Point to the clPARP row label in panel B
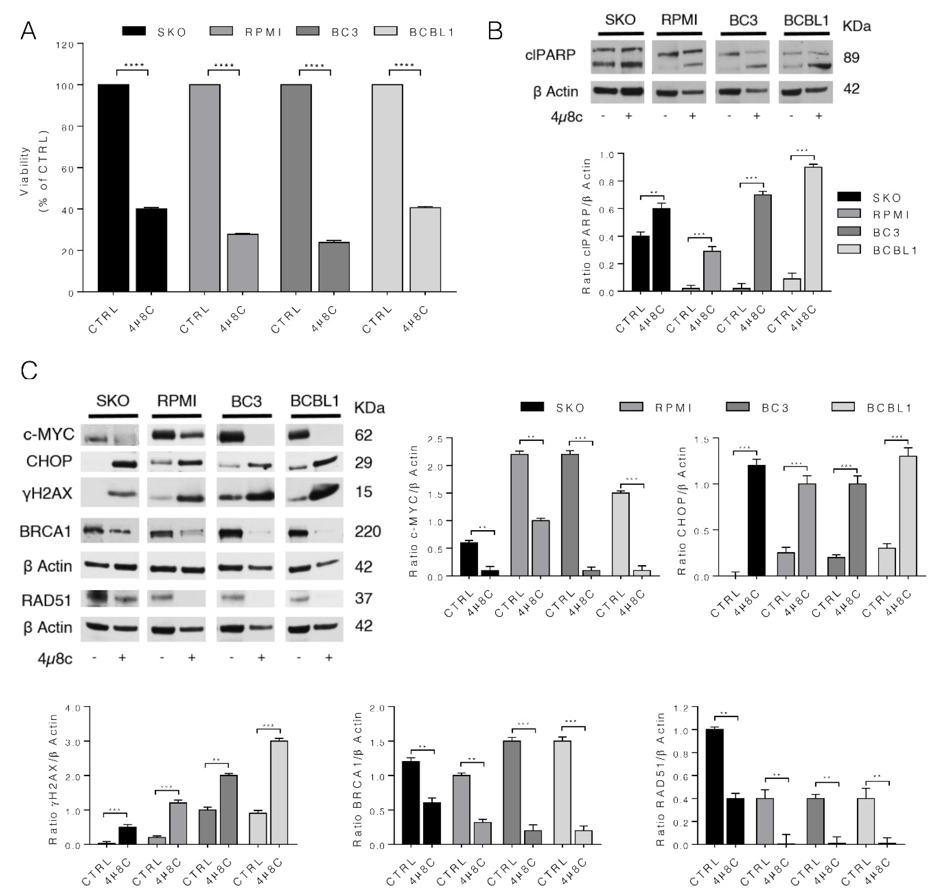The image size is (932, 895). (550, 55)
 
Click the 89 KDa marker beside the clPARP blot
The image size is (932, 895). (851, 58)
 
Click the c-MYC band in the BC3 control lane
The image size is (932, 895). (231, 435)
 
